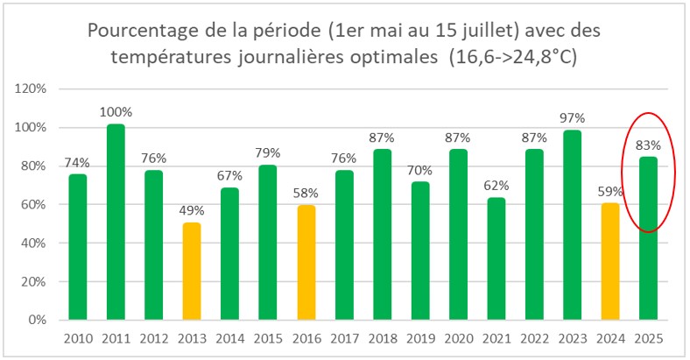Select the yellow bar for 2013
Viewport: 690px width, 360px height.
pyautogui.click(x=191, y=272)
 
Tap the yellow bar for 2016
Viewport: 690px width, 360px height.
pyautogui.click(x=306, y=263)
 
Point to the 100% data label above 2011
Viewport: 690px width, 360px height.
pyautogui.click(x=116, y=112)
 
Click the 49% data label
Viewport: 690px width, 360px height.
pyautogui.click(x=191, y=211)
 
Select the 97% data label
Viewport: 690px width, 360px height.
pyautogui.click(x=573, y=118)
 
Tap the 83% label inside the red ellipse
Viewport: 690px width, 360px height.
pyautogui.click(x=648, y=145)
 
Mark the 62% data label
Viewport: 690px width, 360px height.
pyautogui.click(x=496, y=186)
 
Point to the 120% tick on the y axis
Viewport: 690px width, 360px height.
pyautogui.click(x=32, y=89)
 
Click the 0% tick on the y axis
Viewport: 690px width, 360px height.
pyautogui.click(x=38, y=321)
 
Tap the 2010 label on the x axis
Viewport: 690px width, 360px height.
pyautogui.click(x=77, y=338)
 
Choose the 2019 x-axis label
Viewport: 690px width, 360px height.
pyautogui.click(x=419, y=338)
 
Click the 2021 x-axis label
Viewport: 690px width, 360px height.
pyautogui.click(x=496, y=338)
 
